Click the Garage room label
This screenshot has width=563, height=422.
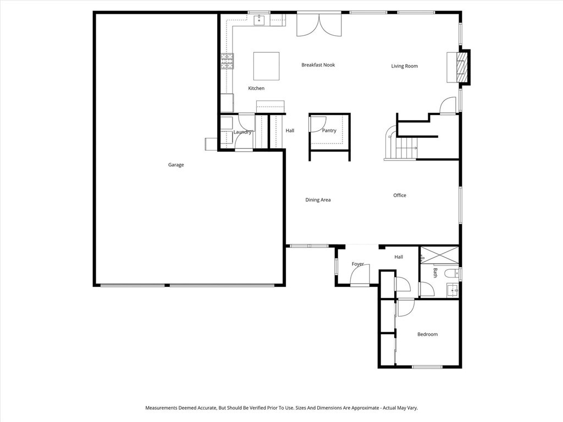coord(176,165)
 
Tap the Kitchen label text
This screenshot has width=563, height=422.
coord(256,88)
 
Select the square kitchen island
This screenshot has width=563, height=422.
coord(266,66)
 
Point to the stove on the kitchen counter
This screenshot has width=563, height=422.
coord(227,61)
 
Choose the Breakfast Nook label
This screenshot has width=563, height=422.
coord(318,65)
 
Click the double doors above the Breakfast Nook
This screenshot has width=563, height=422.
coord(319,25)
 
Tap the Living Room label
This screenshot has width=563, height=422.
coord(404,66)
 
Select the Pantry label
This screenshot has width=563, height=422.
coord(329,131)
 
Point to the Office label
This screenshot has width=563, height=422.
coord(400,195)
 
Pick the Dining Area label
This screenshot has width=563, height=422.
coord(318,200)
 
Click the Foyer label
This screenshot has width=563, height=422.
coord(358,264)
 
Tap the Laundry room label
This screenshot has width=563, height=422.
coord(242,132)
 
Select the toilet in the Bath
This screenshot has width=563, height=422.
coord(451,273)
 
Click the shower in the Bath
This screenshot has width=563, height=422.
coord(439,255)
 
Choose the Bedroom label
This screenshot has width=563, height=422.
coord(427,334)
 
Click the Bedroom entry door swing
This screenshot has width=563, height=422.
coord(406,308)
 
